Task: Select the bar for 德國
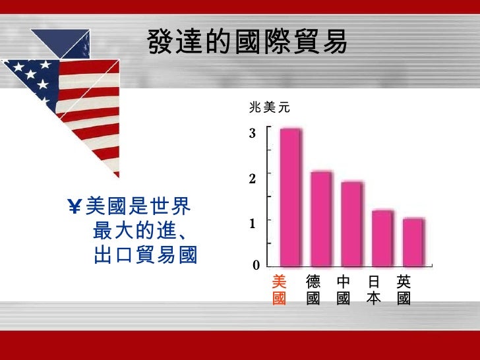point(321,218)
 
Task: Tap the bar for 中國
point(351,223)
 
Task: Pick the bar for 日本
point(382,237)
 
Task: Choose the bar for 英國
point(413,241)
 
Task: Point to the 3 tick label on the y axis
point(252,134)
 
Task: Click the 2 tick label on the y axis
point(252,178)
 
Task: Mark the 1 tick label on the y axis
point(252,224)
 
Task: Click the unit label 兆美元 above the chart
point(269,107)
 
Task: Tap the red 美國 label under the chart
point(279,290)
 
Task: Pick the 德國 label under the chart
point(313,290)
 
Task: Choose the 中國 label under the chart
point(343,290)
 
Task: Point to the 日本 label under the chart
point(374,290)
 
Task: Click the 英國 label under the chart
point(404,290)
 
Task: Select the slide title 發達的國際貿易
point(247,44)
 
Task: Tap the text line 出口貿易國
point(146,254)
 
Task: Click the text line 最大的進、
point(139,231)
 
